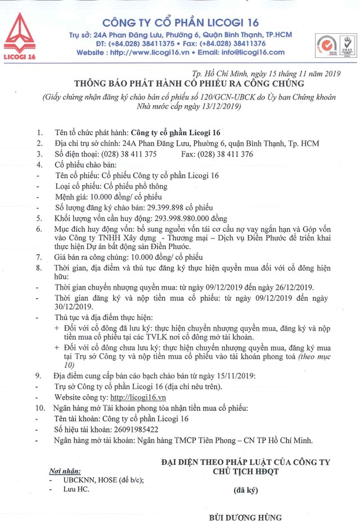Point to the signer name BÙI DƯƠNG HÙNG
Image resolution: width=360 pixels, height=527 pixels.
point(245,517)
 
